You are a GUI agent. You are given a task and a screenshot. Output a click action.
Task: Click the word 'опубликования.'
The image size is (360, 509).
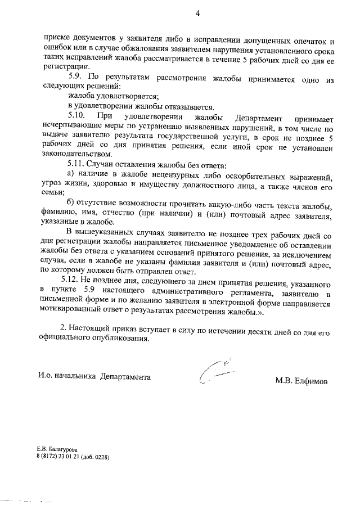click(123, 339)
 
